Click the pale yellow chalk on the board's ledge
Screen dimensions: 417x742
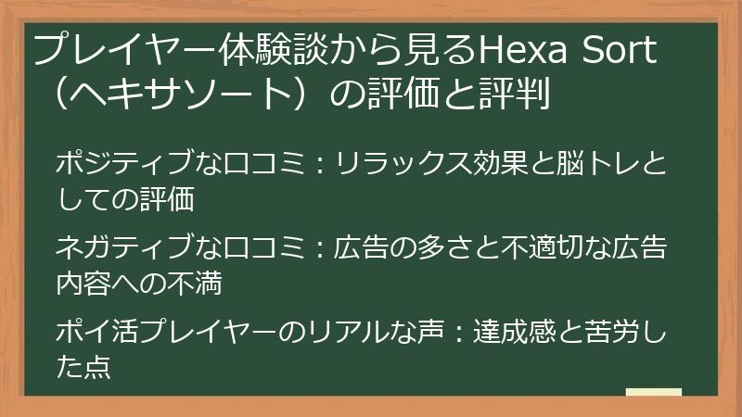(653, 392)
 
